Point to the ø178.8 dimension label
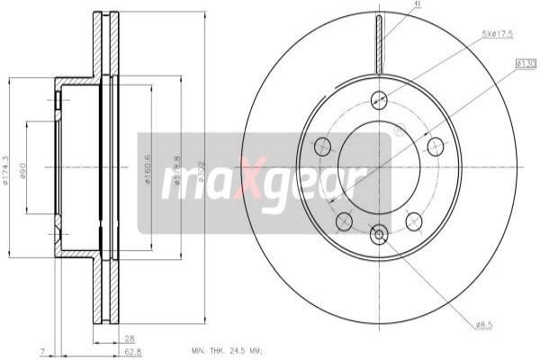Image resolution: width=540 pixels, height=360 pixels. coord(179,168)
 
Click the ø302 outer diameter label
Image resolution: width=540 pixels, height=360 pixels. coord(202,168)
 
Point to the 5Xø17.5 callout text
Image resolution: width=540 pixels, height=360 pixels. coord(499,35)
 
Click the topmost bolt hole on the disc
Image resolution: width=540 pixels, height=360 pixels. coord(379,100)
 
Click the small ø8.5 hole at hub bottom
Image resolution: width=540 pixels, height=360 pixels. coord(379,235)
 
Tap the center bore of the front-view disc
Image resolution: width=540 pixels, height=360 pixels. coord(379,166)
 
